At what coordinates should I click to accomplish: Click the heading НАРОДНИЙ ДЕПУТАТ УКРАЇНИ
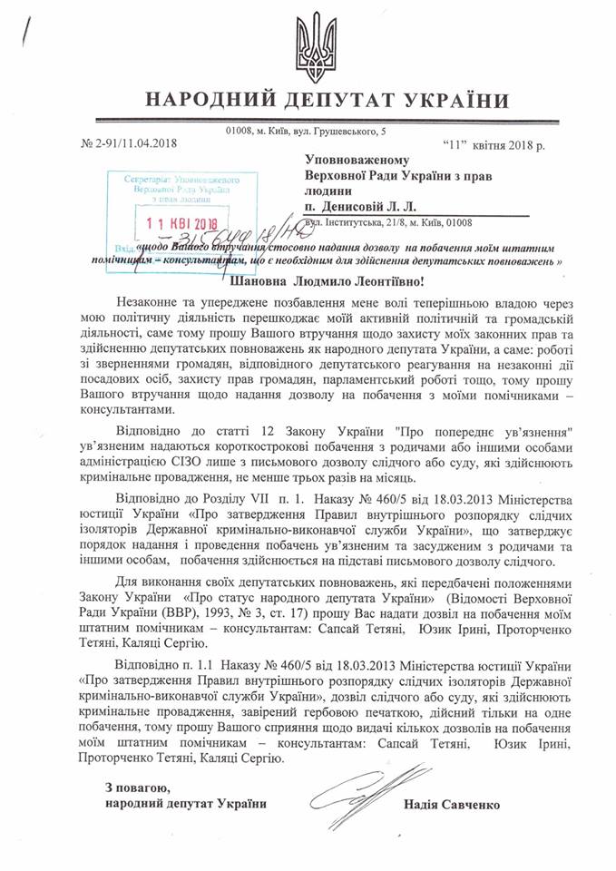[x=308, y=101]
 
